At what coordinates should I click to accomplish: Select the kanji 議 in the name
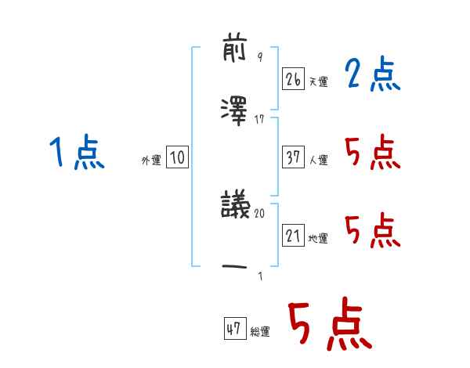[x=236, y=207]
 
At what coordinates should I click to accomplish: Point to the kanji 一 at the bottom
[x=236, y=268]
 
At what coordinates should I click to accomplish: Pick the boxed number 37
[x=293, y=157]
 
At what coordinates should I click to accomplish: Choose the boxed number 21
[x=293, y=236]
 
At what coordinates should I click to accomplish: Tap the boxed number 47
[x=234, y=330]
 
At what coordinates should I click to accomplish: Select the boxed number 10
[x=177, y=158]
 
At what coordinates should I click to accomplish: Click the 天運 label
[x=318, y=81]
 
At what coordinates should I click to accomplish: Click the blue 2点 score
[x=372, y=74]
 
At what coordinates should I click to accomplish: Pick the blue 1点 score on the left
[x=76, y=152]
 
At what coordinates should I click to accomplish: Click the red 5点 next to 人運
[x=372, y=153]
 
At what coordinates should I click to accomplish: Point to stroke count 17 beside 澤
[x=260, y=119]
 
